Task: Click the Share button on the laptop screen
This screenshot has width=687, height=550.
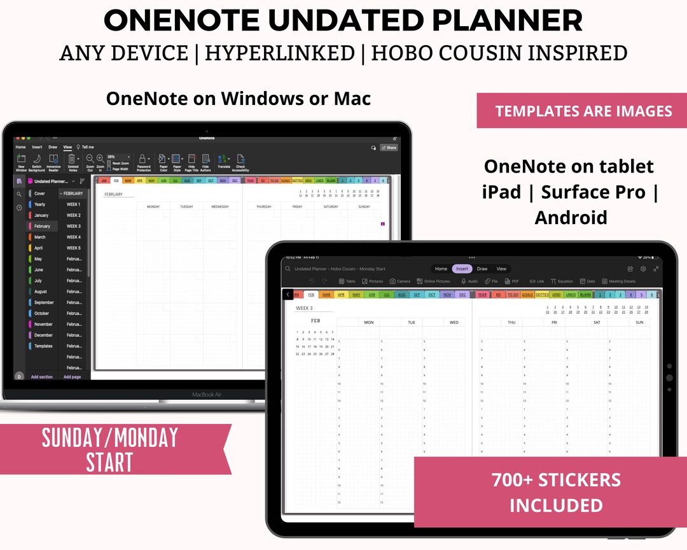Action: point(389,147)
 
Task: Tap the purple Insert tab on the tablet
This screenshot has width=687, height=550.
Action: point(462,269)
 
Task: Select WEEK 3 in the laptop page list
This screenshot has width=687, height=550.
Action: point(74,226)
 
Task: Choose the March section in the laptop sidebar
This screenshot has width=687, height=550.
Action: point(40,237)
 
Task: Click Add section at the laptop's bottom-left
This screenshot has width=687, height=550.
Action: point(42,377)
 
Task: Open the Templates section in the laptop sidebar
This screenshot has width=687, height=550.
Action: point(43,346)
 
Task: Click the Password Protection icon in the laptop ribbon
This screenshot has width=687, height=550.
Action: point(144,162)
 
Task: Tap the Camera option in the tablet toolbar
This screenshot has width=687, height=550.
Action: point(401,281)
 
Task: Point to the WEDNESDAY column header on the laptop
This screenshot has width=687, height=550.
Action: point(219,207)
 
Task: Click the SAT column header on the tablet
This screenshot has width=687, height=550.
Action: point(597,323)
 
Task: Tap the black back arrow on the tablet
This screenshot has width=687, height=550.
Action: point(288,295)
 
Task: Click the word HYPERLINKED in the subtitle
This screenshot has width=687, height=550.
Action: point(279,53)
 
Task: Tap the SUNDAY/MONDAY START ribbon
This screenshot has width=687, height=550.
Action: point(109,449)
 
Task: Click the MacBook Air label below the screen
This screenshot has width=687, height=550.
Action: point(207,395)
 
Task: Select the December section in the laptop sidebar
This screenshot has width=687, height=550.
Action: point(43,335)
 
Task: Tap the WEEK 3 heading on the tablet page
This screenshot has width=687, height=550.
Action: point(304,308)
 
